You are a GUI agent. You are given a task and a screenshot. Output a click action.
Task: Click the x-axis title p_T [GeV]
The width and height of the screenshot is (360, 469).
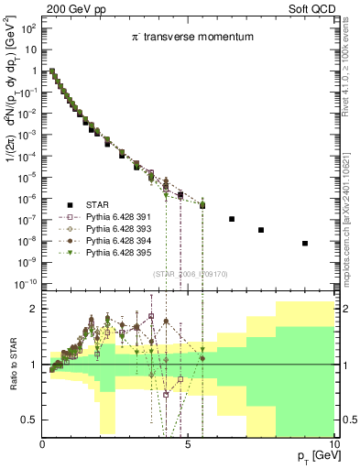pyautogui.click(x=314, y=456)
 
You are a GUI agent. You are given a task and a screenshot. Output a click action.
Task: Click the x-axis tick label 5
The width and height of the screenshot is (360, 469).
pyautogui.click(x=188, y=443)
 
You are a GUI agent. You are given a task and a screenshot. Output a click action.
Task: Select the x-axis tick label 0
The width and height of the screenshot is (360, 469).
pyautogui.click(x=43, y=443)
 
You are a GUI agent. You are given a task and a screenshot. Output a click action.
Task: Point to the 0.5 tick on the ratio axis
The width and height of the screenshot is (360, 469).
pyautogui.click(x=30, y=420)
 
